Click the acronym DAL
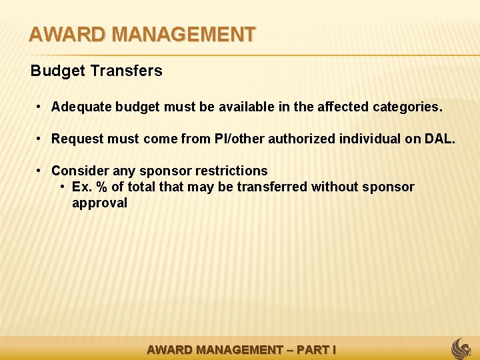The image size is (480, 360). (x=439, y=139)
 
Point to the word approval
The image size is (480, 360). (x=99, y=203)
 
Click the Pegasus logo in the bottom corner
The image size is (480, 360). (x=461, y=348)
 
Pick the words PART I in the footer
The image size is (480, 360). (x=317, y=349)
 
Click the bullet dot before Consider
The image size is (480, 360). (x=40, y=171)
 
